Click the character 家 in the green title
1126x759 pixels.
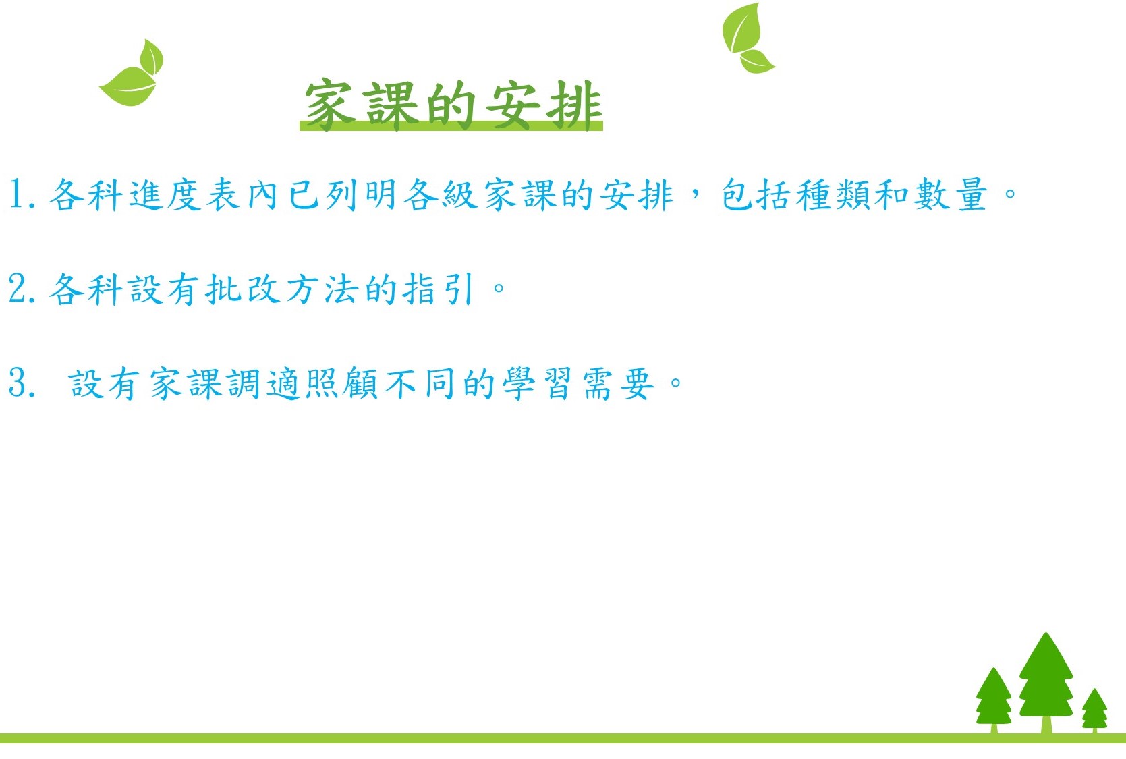point(329,105)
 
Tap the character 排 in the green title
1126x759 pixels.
point(575,105)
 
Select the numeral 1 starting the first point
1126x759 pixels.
point(17,194)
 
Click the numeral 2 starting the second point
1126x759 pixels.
point(18,289)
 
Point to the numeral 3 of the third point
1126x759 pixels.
point(18,383)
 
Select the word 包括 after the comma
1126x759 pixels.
point(756,194)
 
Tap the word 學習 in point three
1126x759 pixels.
point(537,383)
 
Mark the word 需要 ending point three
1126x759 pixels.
point(618,383)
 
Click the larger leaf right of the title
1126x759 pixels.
point(741,28)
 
